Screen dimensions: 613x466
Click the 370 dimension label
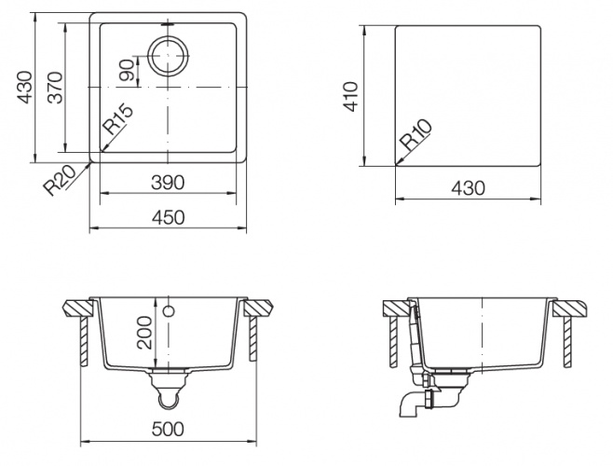(56, 88)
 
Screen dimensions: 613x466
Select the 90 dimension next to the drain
(128, 71)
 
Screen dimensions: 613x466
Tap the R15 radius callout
(117, 118)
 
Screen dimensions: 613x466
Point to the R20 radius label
(60, 180)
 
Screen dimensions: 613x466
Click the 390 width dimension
(168, 183)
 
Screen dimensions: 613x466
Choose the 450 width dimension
(168, 217)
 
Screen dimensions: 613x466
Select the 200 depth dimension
(144, 333)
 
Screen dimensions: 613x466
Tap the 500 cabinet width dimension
(168, 429)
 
